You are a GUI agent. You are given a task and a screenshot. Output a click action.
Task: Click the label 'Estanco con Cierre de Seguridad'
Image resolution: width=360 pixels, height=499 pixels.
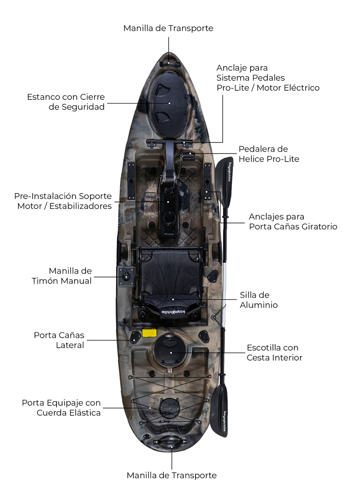66,102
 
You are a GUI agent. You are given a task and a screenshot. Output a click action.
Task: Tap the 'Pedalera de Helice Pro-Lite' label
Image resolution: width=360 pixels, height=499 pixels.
269,154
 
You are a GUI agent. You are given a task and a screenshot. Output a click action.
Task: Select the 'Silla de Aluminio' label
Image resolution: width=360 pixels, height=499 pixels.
259,300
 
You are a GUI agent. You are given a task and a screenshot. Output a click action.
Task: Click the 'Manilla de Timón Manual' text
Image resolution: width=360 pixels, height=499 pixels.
61,276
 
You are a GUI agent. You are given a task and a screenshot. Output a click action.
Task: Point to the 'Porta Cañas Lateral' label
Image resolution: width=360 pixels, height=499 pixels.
59,340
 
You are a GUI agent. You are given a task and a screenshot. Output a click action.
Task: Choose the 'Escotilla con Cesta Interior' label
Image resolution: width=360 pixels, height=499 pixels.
274,352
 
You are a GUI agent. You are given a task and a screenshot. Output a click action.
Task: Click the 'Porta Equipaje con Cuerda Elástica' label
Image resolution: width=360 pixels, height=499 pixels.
61,408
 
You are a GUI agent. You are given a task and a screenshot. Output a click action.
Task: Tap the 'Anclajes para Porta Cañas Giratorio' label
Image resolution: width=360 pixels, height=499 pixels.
293,221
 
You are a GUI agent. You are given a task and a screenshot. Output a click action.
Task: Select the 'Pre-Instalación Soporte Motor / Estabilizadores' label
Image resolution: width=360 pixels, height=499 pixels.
63,201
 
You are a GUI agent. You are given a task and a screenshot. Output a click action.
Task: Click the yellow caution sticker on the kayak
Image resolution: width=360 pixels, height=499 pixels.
150,333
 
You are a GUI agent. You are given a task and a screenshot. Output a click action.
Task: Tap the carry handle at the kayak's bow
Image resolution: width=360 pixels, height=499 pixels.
170,64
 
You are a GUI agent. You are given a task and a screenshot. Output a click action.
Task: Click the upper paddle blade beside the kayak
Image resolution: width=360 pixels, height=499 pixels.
224,180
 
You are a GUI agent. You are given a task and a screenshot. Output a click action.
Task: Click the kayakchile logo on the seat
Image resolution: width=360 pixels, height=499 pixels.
173,311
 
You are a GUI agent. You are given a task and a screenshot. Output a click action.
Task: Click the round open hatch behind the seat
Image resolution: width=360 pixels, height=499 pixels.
170,351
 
